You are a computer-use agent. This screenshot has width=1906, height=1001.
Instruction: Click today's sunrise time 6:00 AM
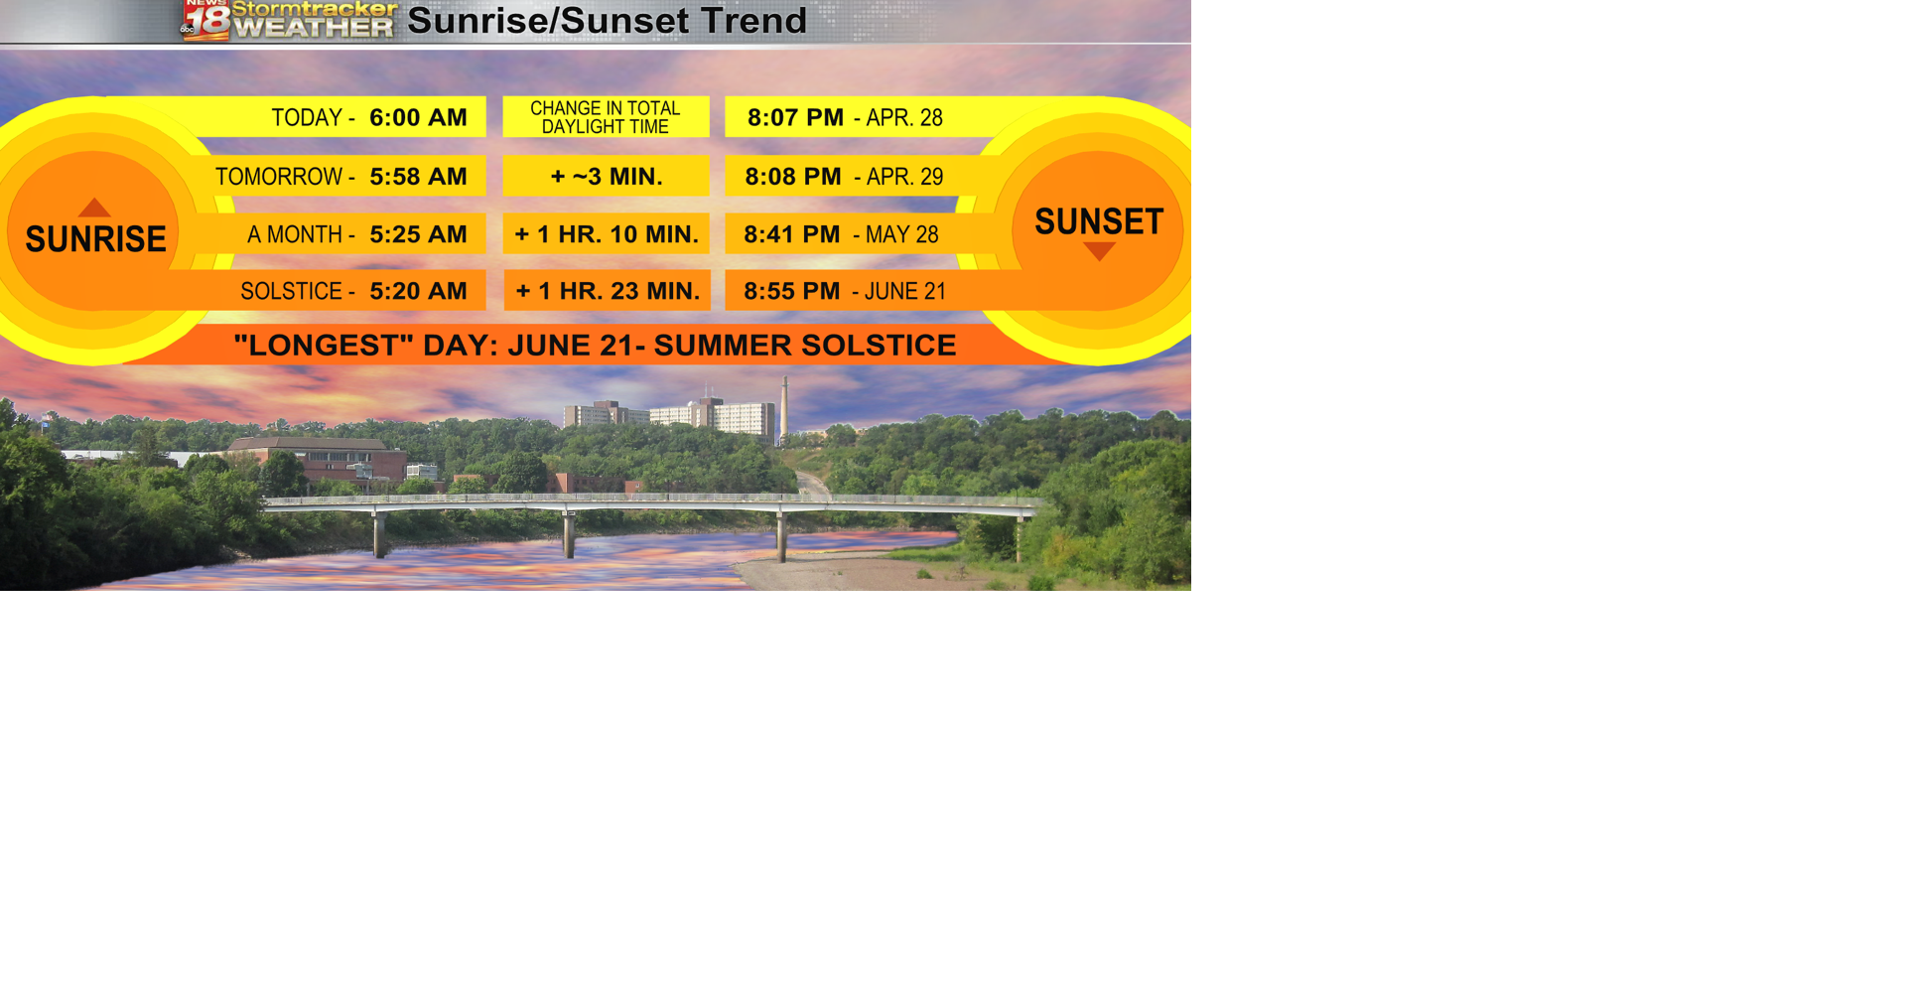[x=418, y=117]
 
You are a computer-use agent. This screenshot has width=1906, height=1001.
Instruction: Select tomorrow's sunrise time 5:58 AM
[x=418, y=177]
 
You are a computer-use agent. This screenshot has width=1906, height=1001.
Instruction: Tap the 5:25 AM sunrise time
[x=418, y=234]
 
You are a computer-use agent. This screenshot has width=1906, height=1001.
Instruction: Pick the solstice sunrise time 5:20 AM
[x=418, y=291]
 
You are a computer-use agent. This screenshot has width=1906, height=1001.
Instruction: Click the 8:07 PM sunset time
[x=795, y=117]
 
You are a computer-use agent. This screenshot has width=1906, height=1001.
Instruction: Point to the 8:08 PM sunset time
[x=793, y=177]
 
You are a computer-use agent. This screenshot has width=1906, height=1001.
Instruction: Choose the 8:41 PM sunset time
[x=792, y=234]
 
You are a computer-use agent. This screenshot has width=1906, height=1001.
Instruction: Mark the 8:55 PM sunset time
[x=792, y=291]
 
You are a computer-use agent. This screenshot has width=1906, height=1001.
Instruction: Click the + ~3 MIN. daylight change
[x=607, y=177]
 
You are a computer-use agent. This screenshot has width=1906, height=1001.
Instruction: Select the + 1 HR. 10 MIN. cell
[x=607, y=234]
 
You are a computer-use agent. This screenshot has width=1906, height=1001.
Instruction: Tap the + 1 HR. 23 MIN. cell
[x=608, y=291]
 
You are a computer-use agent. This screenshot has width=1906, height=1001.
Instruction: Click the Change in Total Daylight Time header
[x=606, y=117]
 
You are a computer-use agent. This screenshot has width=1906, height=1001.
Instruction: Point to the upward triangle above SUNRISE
[x=94, y=208]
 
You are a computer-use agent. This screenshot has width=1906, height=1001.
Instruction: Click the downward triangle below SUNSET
[x=1099, y=251]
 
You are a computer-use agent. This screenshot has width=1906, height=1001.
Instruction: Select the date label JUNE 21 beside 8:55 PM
[x=904, y=292]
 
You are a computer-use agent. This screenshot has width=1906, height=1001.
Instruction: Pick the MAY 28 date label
[x=901, y=235]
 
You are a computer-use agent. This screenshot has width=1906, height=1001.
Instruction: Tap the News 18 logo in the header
[x=205, y=20]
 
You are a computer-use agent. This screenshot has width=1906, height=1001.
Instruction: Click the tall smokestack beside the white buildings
[x=784, y=409]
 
